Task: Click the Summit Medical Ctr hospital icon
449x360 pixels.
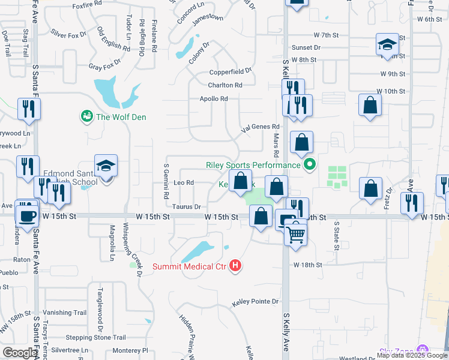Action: point(235,265)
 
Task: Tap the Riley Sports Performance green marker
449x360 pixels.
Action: point(310,164)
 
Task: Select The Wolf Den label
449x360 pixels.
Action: point(122,117)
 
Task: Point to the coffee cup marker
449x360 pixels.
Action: point(27,215)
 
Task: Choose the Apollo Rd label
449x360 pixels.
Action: point(214,98)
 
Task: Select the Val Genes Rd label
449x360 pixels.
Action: point(261,127)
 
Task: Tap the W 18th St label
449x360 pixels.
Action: point(308,264)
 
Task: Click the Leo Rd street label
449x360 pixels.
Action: point(183,182)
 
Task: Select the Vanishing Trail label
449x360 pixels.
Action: point(65,313)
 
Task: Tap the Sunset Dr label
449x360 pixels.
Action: point(306,47)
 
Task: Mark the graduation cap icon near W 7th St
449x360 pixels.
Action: point(387,44)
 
